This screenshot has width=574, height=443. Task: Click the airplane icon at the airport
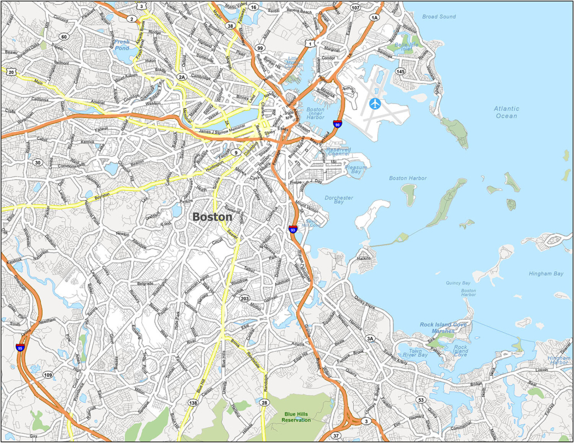coord(375,104)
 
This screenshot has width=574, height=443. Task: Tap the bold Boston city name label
coord(212,216)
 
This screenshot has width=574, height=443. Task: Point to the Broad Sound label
coord(439,17)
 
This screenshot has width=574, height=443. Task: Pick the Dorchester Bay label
coord(339,200)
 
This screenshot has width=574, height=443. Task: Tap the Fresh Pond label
coord(122,45)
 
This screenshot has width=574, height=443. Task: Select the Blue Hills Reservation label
coord(297,417)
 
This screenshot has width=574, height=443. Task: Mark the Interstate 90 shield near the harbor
coord(337,124)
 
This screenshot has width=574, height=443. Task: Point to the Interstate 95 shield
coord(20,348)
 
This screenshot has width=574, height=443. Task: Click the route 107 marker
coord(355,8)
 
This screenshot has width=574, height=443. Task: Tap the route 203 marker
coord(244,299)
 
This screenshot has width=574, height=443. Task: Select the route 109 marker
coord(48,375)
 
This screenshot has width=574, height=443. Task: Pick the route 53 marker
coord(420,399)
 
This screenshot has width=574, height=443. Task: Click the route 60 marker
coord(64,36)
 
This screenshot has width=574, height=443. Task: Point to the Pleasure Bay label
coord(357,170)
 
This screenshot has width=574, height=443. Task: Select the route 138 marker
coord(193,403)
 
